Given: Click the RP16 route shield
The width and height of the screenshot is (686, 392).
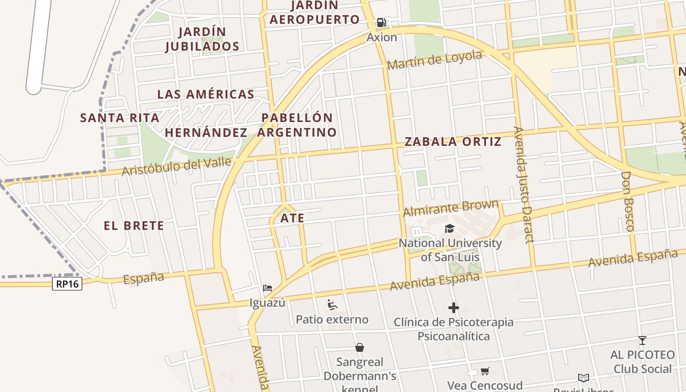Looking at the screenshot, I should (x=67, y=284).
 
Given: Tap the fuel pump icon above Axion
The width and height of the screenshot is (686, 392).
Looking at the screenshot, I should (x=381, y=23).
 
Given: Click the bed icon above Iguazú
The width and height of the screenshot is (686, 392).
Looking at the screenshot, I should (x=267, y=288).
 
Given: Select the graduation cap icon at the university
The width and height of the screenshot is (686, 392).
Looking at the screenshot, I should (x=449, y=228).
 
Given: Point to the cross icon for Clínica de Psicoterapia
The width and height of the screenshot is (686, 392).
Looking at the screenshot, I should (x=453, y=308).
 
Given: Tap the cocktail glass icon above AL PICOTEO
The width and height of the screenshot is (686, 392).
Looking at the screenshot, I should (x=642, y=340).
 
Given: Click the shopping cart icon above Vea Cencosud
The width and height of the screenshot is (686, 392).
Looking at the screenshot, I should (x=485, y=371).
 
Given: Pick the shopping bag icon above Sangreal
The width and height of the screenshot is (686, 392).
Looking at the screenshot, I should (x=360, y=347).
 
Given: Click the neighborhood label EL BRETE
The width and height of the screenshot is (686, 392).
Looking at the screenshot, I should (x=134, y=226).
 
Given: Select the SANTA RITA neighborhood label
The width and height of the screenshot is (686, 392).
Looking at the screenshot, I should (x=120, y=118).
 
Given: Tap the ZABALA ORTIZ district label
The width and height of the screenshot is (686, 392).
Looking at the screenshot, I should (x=453, y=142).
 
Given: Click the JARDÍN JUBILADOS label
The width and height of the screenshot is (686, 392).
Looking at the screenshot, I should (x=202, y=39).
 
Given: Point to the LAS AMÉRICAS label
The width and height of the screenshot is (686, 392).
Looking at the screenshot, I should (x=205, y=95).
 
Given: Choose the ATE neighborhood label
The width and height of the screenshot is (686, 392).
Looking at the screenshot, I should (x=293, y=219).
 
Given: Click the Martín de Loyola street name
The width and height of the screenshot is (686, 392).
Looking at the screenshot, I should (x=434, y=60).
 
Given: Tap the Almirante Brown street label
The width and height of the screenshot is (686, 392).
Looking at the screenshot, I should (x=450, y=208).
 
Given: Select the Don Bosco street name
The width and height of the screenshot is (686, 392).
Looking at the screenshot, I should (x=627, y=201).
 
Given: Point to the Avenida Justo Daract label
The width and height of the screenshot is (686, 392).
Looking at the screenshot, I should (x=523, y=185).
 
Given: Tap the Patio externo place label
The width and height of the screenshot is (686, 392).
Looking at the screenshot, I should (x=332, y=320).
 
